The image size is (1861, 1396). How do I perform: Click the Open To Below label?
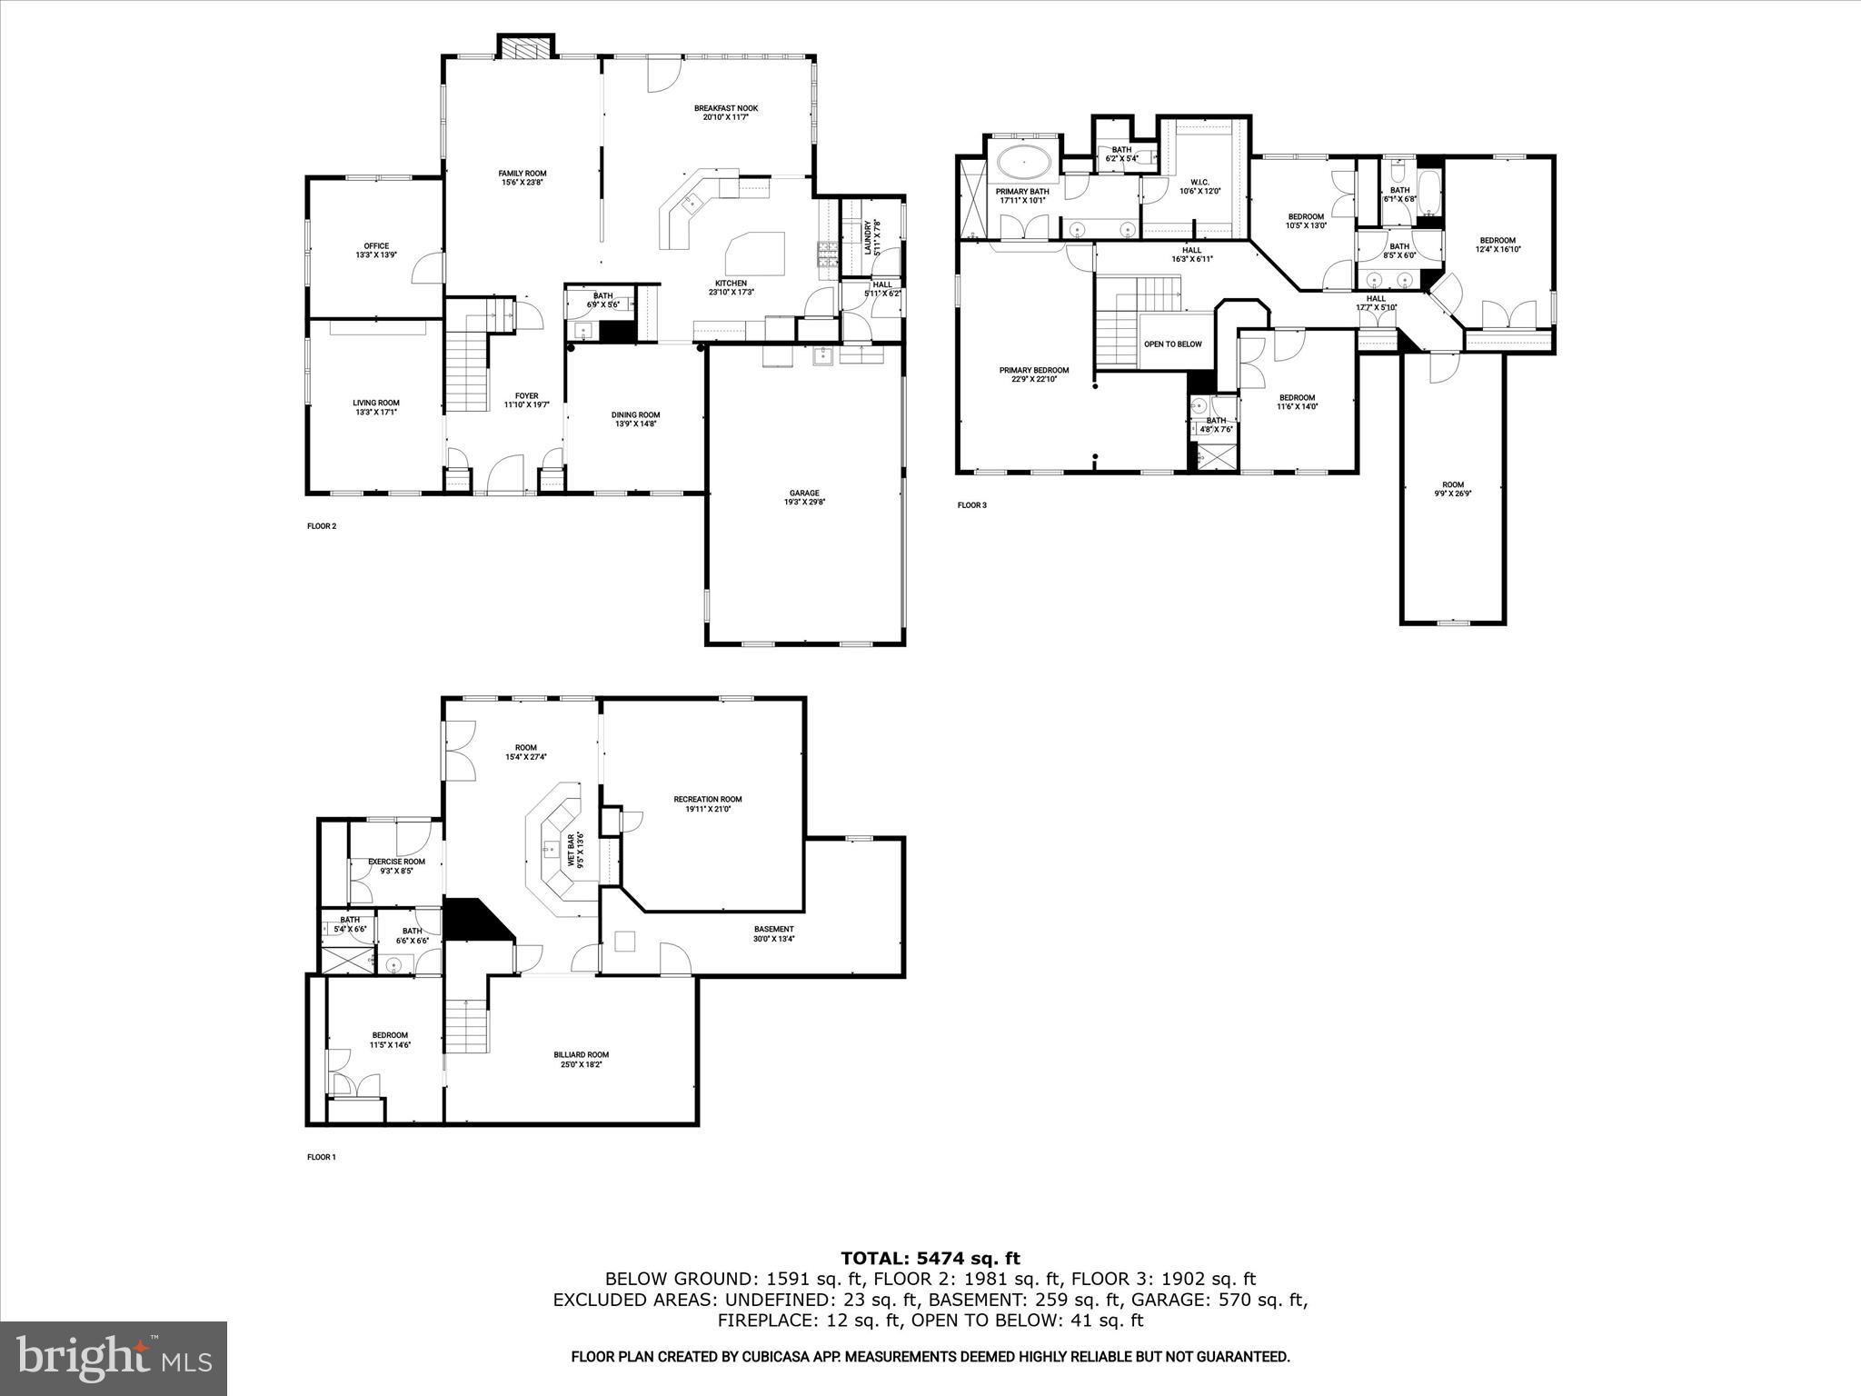(x=1172, y=344)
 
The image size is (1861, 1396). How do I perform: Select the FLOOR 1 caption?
(x=322, y=1157)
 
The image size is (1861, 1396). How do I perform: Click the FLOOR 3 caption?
(x=971, y=505)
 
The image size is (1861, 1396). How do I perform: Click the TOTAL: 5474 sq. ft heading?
(x=930, y=1259)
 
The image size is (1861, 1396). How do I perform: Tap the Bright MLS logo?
(x=114, y=1358)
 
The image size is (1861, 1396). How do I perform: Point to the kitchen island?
(x=755, y=253)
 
